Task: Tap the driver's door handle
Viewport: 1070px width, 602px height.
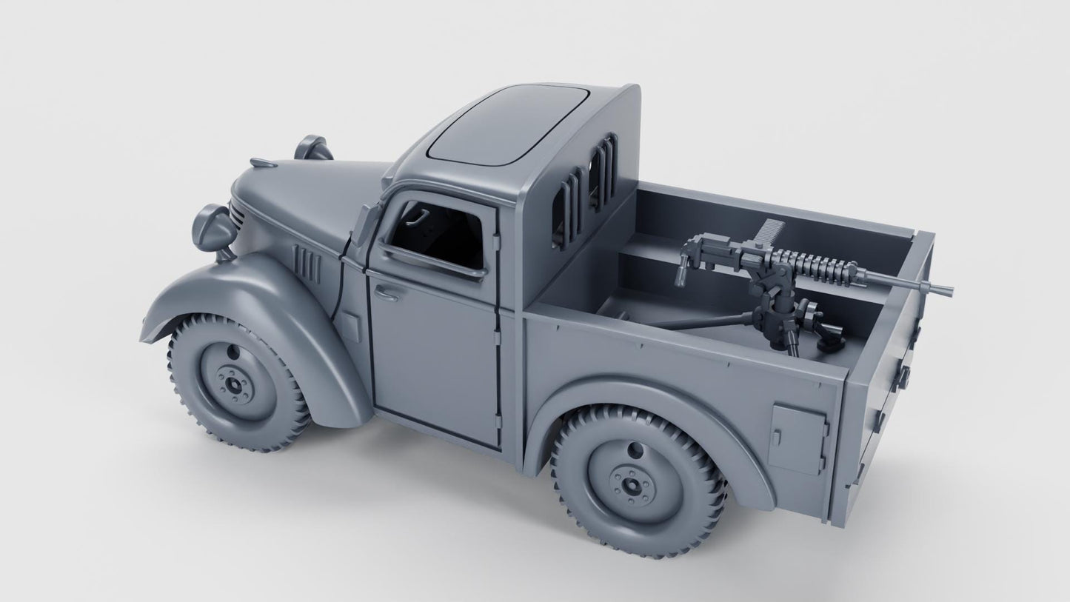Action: [x=386, y=292]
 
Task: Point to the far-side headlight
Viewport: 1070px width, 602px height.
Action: [x=312, y=147]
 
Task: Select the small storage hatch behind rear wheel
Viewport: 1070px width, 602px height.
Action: [x=795, y=440]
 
